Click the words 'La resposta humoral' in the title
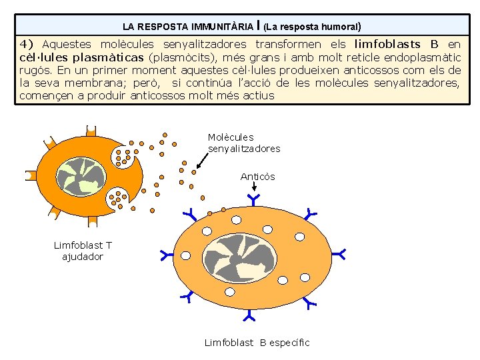pyautogui.click(x=313, y=27)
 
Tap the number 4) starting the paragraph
pyautogui.click(x=27, y=45)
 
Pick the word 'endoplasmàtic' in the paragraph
pyautogui.click(x=418, y=57)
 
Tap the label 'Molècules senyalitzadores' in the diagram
pyautogui.click(x=243, y=143)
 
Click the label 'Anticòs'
pyautogui.click(x=257, y=177)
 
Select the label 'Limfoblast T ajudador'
pyautogui.click(x=83, y=251)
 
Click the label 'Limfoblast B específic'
pyautogui.click(x=257, y=343)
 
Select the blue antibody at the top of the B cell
pyautogui.click(x=254, y=199)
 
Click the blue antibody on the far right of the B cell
pyautogui.click(x=339, y=254)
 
